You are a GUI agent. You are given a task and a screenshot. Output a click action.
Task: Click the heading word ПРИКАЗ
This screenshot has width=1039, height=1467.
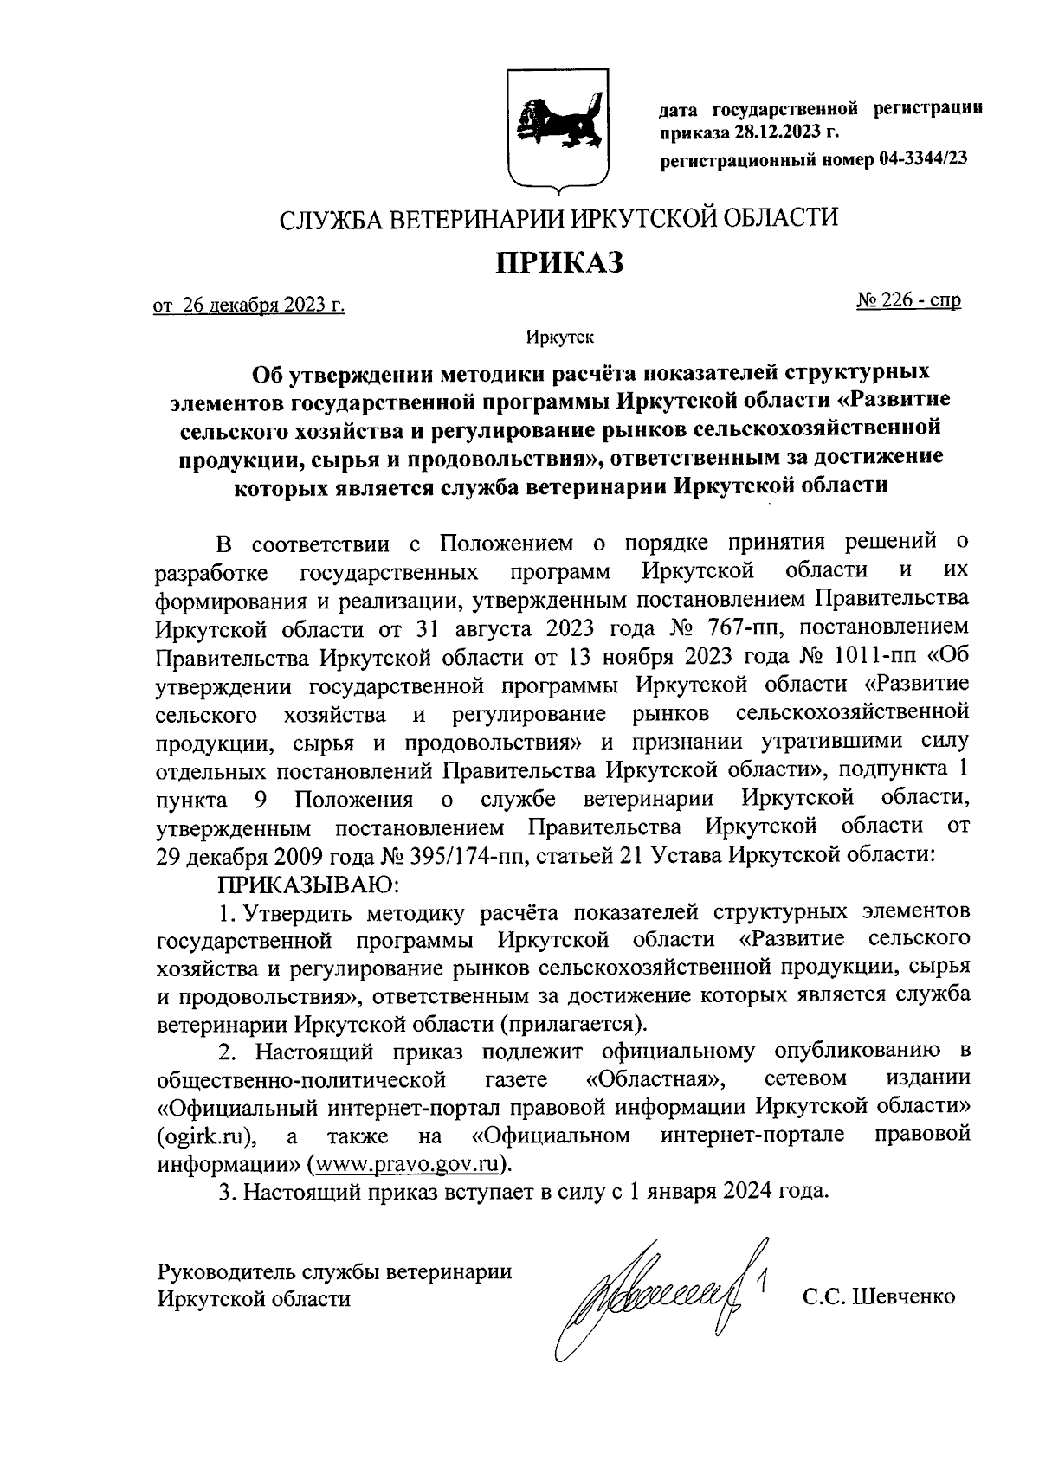pos(558,261)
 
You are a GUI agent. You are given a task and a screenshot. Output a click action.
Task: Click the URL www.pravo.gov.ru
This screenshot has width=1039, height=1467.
pos(410,1161)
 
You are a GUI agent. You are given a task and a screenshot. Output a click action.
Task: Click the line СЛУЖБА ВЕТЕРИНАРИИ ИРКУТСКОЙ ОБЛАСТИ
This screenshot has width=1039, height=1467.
pos(558,217)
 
